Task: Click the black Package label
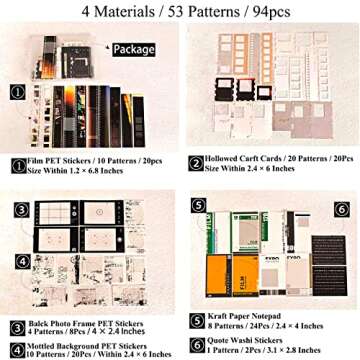pyautogui.click(x=133, y=48)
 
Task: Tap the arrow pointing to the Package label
pyautogui.click(x=107, y=48)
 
